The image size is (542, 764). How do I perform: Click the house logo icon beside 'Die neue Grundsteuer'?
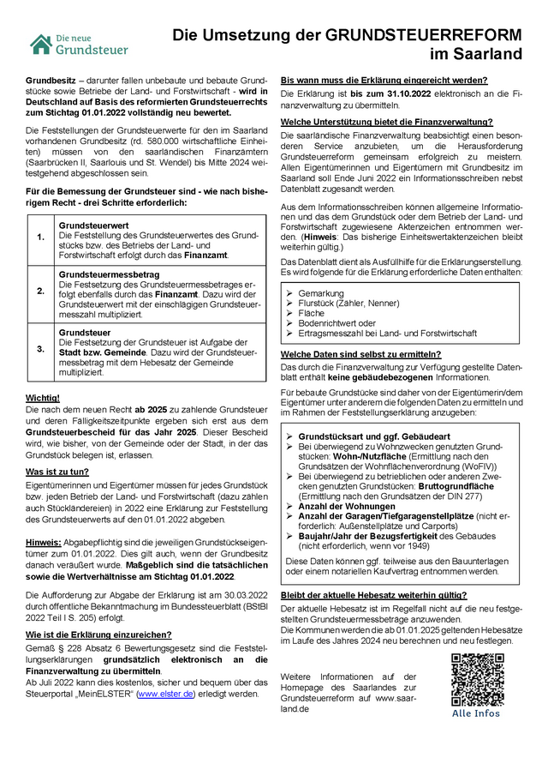(39, 44)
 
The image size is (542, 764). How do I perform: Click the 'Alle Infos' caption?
(476, 713)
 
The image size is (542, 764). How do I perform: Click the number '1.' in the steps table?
(40, 237)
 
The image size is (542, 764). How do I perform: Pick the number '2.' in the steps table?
(40, 291)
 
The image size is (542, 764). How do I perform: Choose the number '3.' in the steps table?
(40, 349)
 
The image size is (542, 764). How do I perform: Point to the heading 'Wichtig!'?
(42, 398)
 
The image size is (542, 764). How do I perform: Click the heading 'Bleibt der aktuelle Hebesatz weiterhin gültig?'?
(386, 594)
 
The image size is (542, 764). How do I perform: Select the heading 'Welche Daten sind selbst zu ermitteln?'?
(361, 354)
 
